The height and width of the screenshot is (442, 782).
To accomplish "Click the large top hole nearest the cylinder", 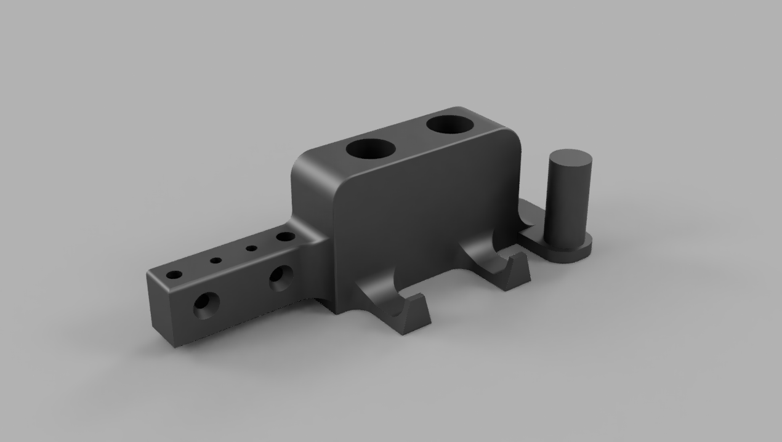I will (x=451, y=125).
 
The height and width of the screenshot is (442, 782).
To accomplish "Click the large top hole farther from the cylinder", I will (x=369, y=149).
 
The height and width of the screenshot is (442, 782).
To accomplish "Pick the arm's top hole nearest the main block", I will (x=284, y=236).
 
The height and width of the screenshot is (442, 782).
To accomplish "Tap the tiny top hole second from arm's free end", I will (x=216, y=260).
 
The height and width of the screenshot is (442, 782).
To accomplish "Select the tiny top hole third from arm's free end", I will (x=251, y=248).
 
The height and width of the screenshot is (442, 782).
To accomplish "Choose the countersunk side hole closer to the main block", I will (x=280, y=278).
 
